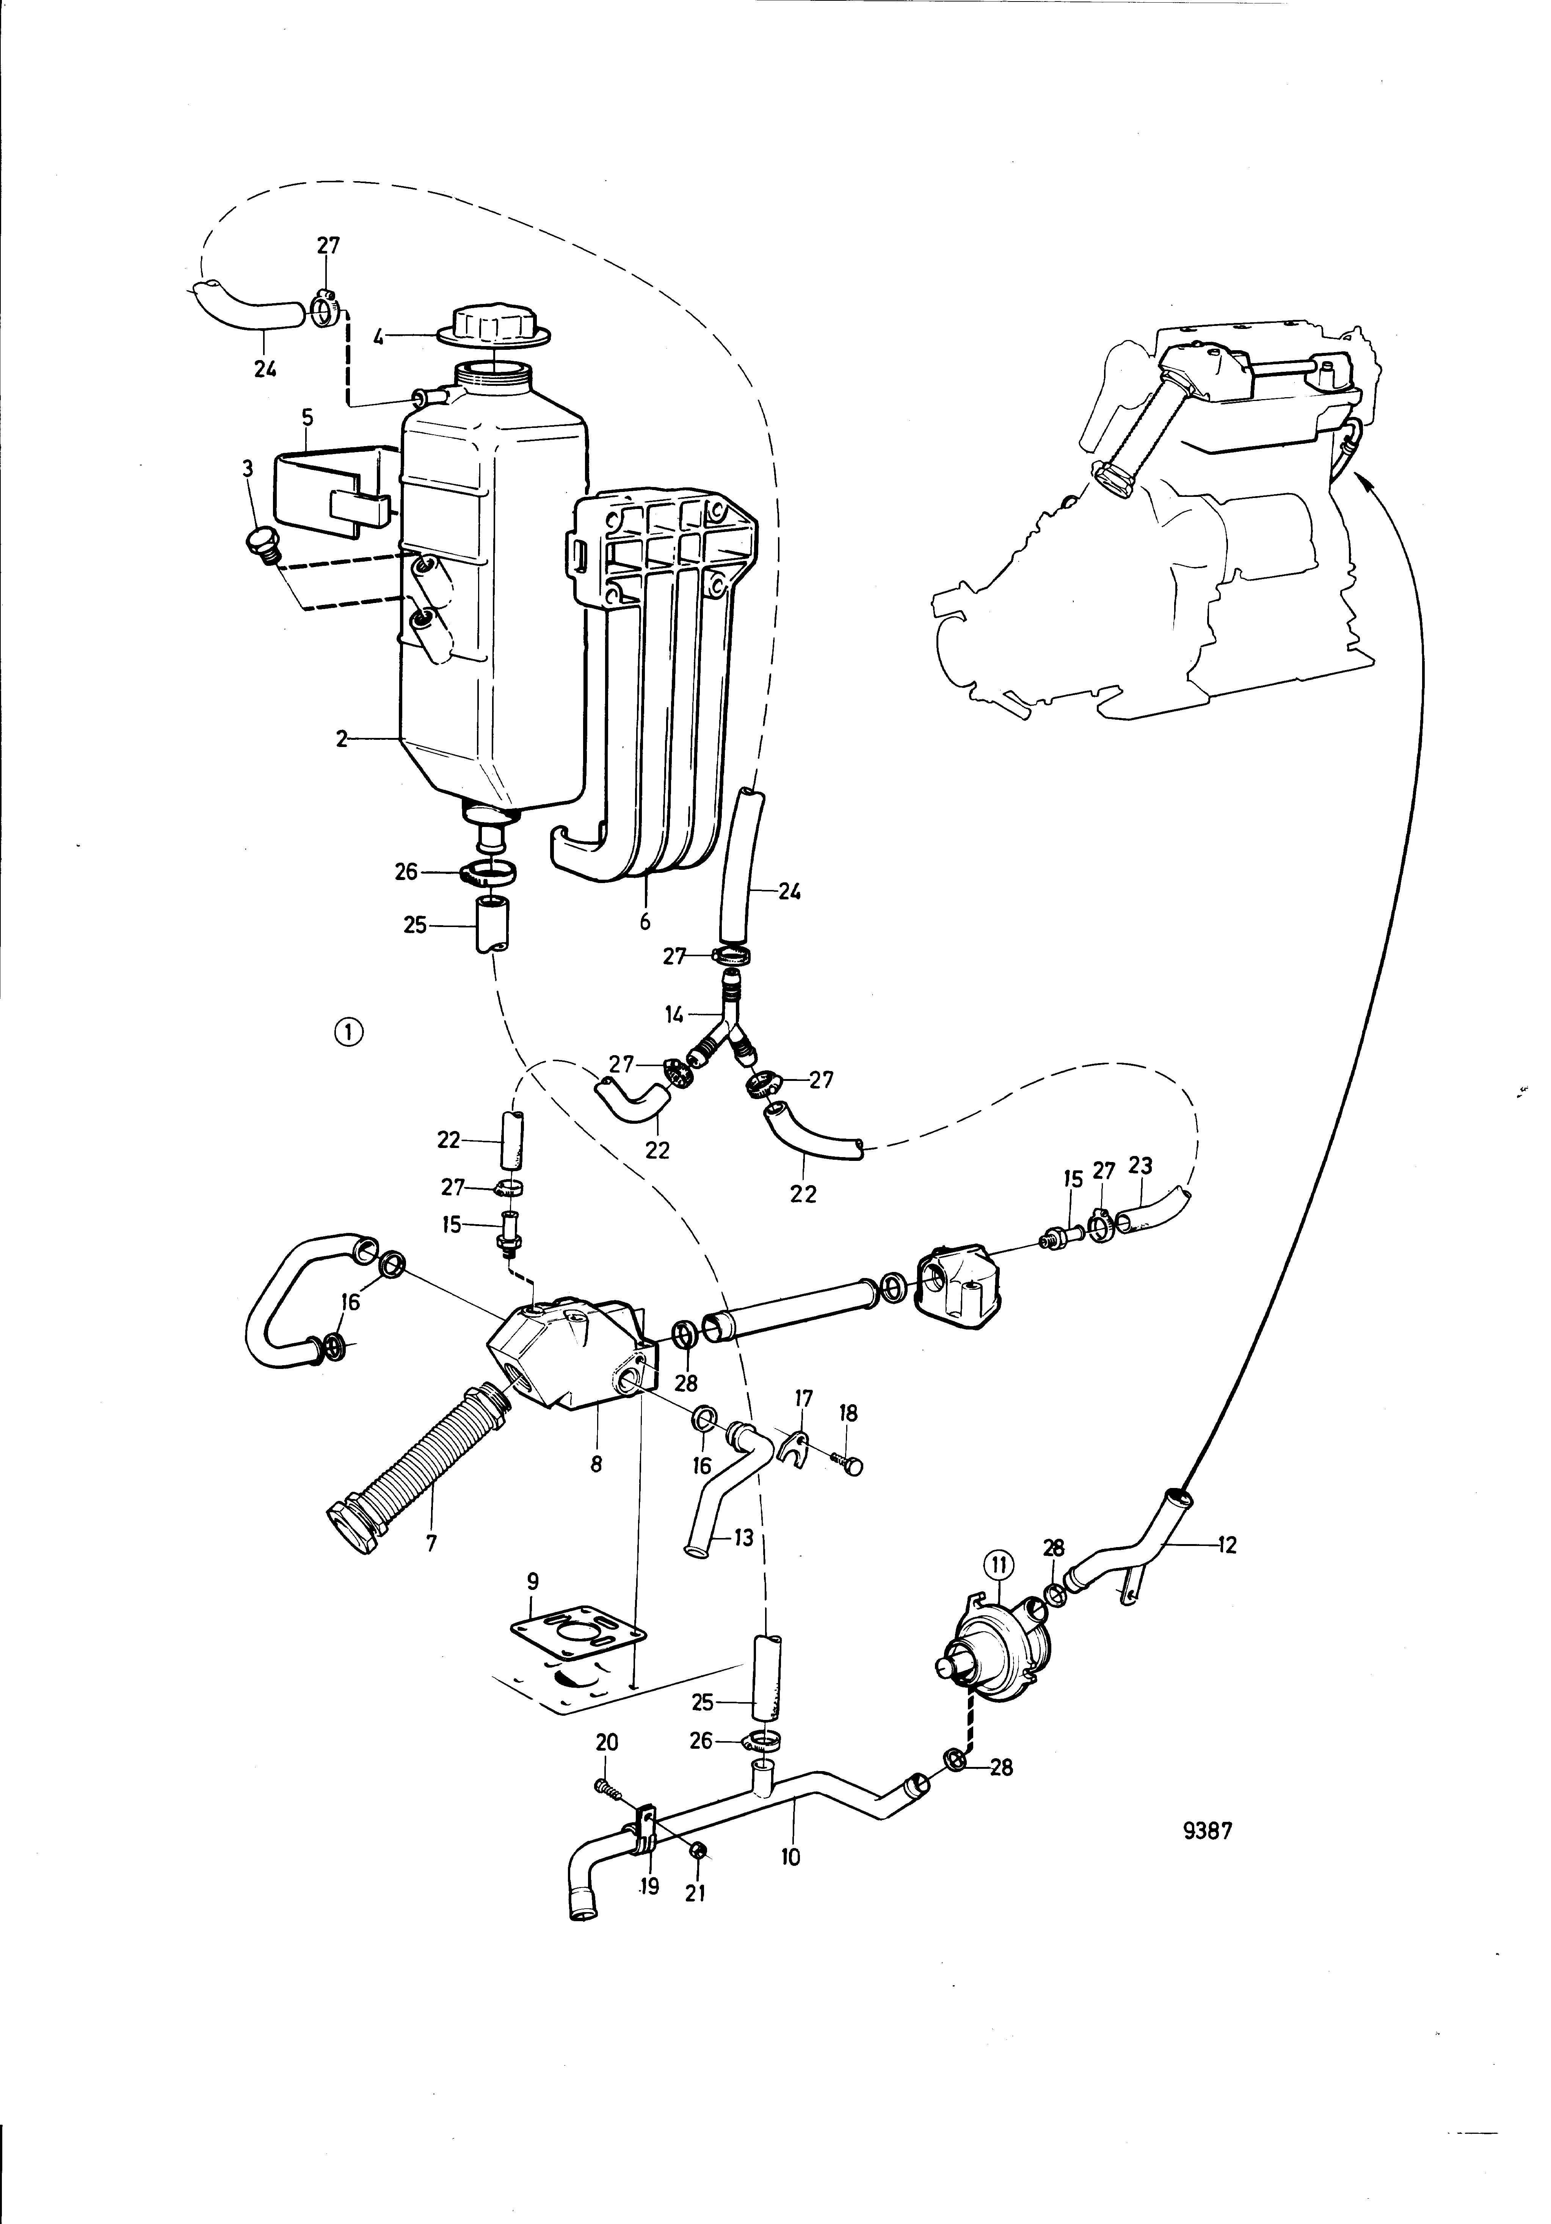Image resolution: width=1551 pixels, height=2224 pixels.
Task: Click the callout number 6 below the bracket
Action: [x=645, y=921]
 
